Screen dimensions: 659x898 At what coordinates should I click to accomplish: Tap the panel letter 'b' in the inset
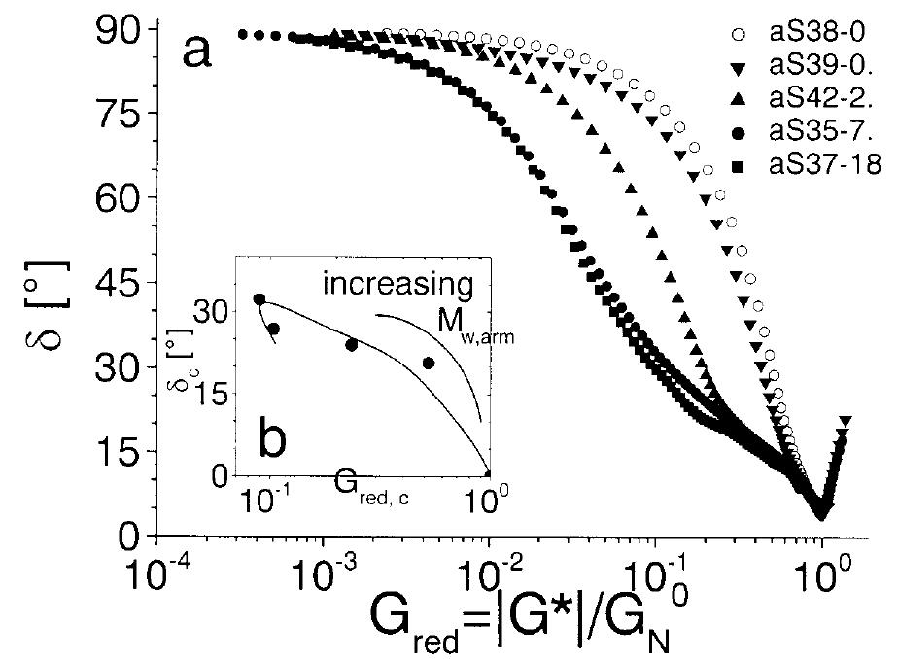coord(272,443)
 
